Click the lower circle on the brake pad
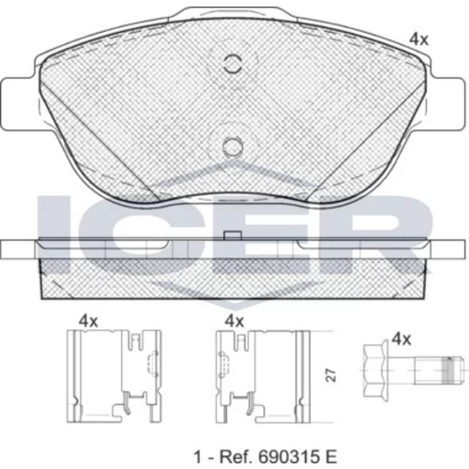(x=233, y=146)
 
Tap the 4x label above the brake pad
(x=418, y=39)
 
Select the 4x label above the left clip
(x=88, y=321)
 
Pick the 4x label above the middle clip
(x=234, y=321)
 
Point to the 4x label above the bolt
(x=401, y=339)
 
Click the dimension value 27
(x=330, y=375)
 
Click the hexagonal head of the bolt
(x=376, y=371)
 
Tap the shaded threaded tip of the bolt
(x=449, y=371)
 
